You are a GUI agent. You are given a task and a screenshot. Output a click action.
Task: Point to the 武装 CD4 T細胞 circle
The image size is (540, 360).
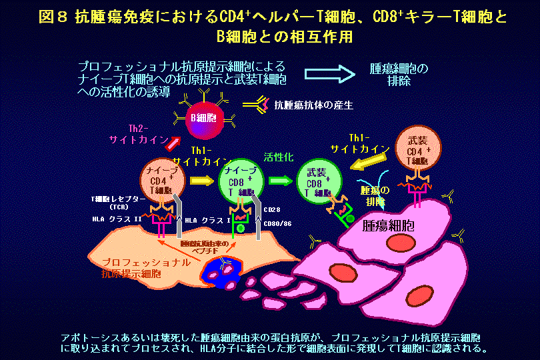pyautogui.click(x=419, y=152)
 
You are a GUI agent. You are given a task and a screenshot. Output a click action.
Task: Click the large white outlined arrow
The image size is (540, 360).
pyautogui.click(x=331, y=75)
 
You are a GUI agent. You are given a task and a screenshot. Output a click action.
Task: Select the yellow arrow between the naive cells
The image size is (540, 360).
pyautogui.click(x=200, y=180)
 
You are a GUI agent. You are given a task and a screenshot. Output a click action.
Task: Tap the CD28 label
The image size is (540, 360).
pyautogui.click(x=274, y=209)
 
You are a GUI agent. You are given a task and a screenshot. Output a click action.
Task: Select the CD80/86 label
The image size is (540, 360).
pyautogui.click(x=278, y=224)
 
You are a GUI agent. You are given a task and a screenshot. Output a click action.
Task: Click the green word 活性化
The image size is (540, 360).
pyautogui.click(x=279, y=159)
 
